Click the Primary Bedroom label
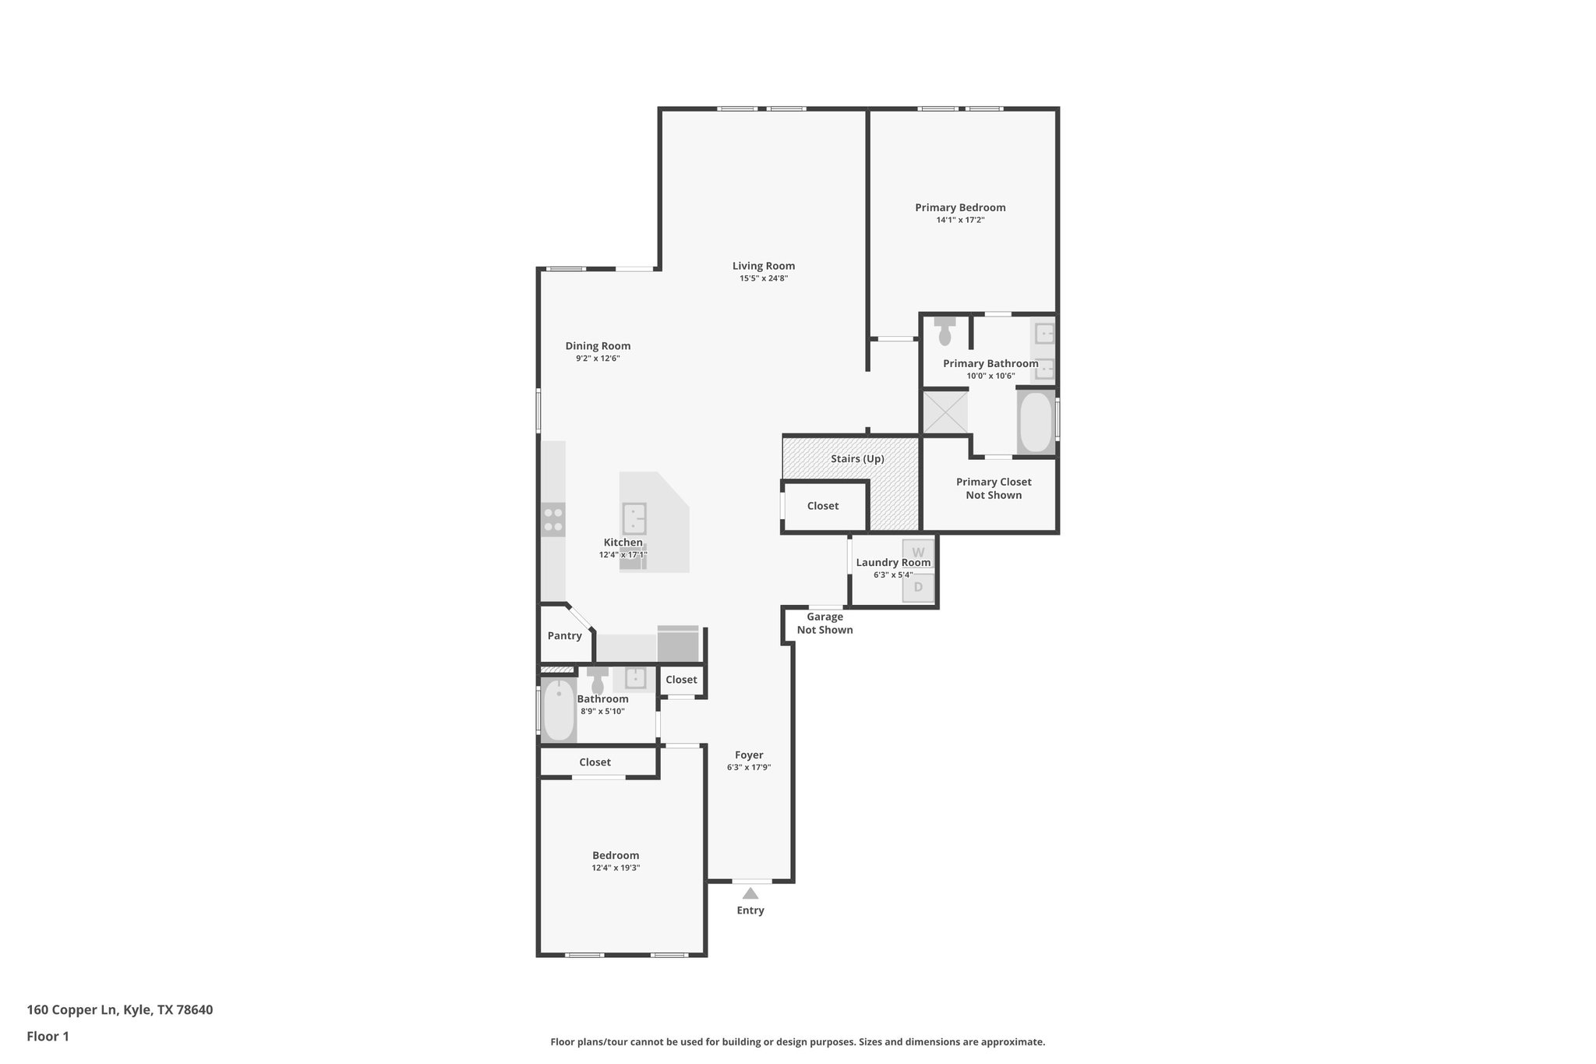[960, 207]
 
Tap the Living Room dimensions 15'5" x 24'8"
[763, 278]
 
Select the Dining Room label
[598, 346]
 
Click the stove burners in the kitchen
[553, 520]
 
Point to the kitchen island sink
[634, 518]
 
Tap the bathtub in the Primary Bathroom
[1036, 422]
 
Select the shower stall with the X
[945, 412]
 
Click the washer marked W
[918, 553]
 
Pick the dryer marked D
[918, 587]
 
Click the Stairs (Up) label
[857, 459]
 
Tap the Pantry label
[564, 636]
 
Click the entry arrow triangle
[750, 893]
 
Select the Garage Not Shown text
[824, 624]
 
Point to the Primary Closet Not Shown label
[994, 489]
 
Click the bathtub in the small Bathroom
[558, 710]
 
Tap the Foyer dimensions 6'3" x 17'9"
[749, 767]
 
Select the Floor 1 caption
[48, 1037]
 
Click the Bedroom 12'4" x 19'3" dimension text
[616, 868]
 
